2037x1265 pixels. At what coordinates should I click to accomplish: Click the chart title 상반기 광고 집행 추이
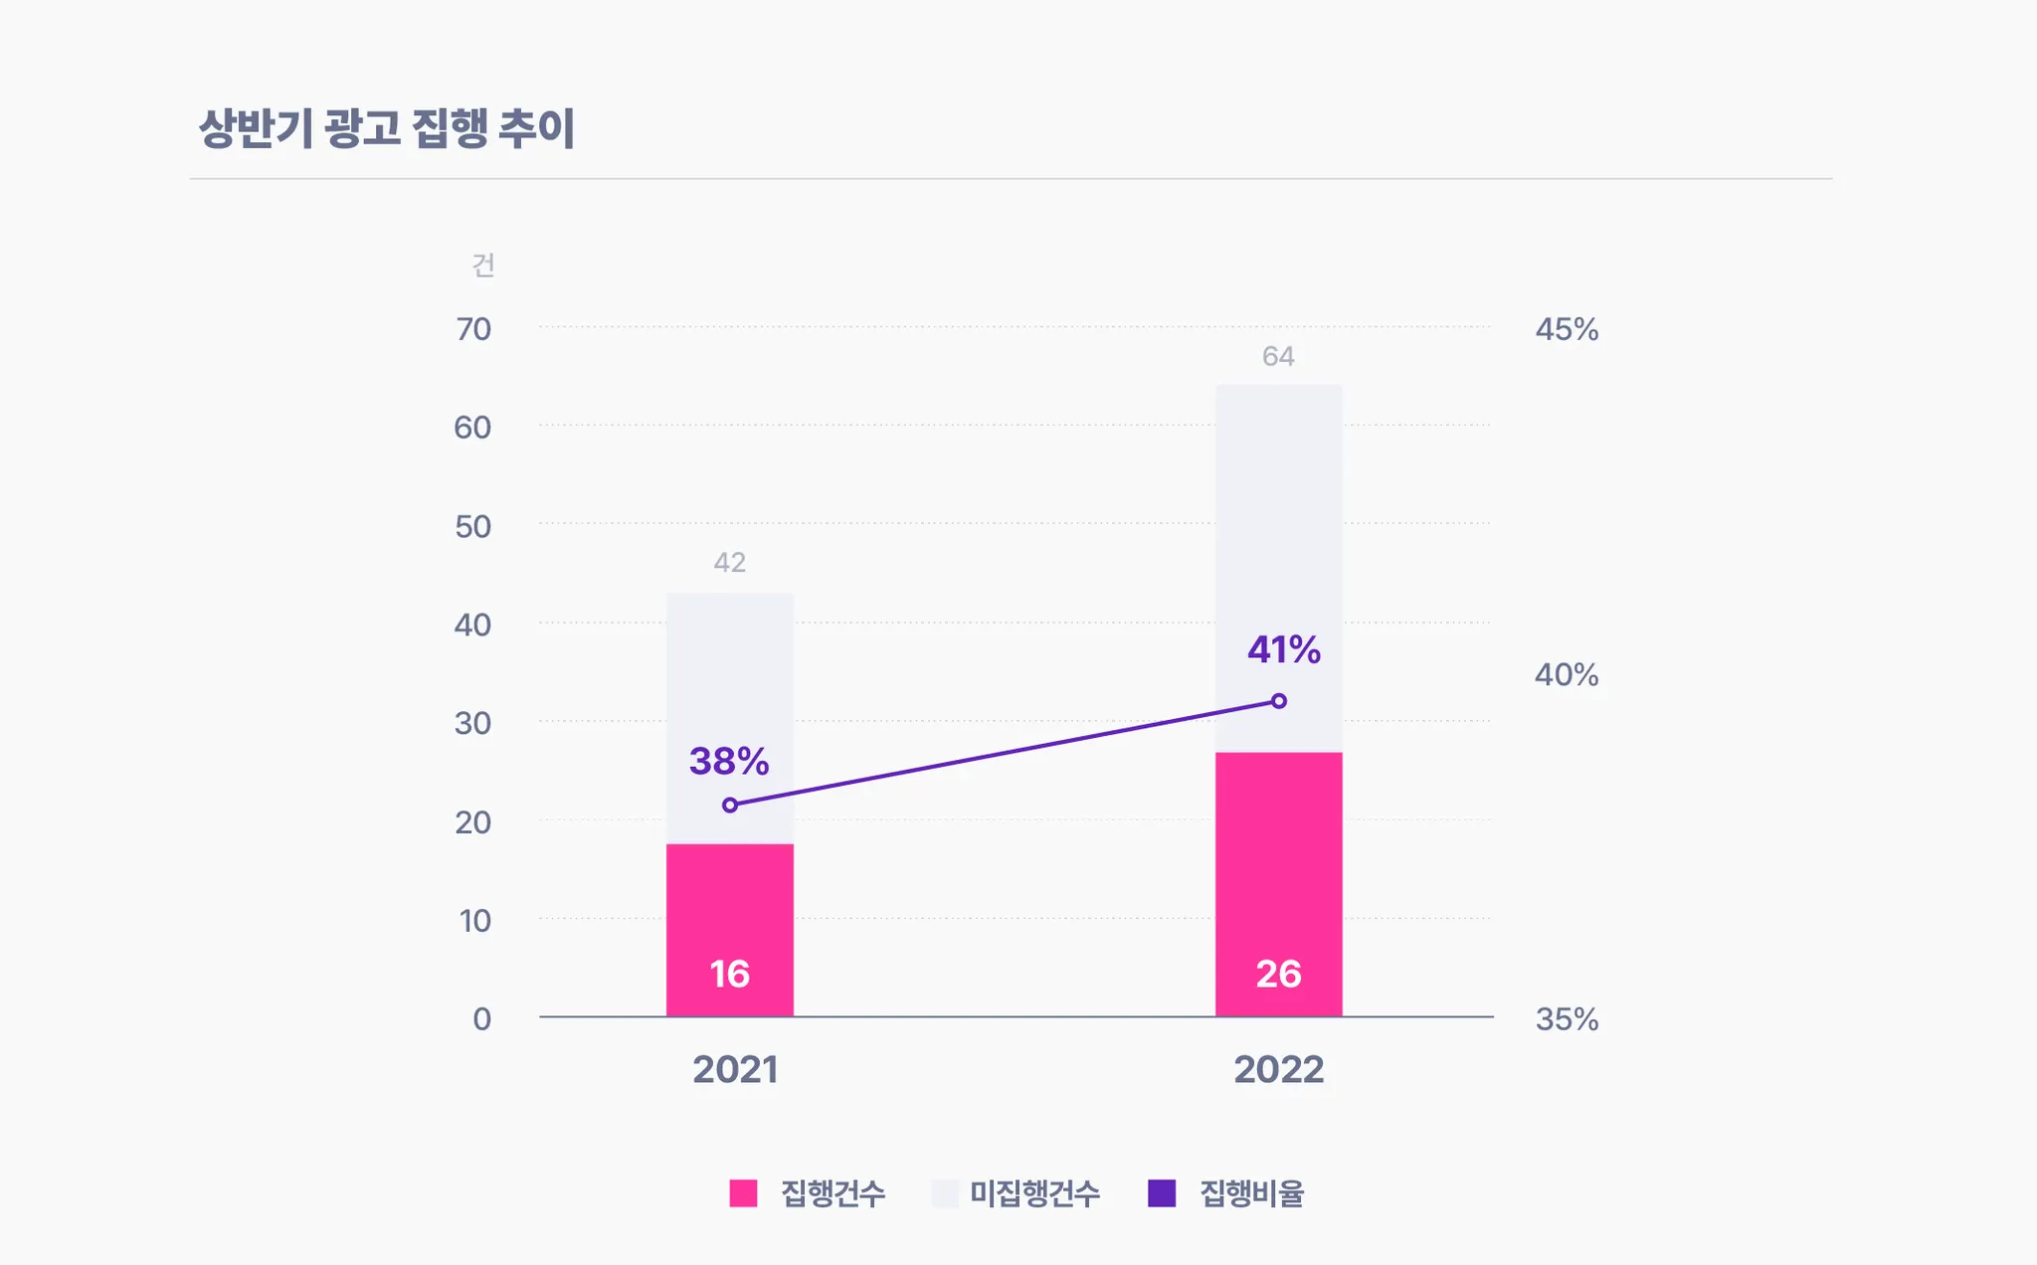[387, 128]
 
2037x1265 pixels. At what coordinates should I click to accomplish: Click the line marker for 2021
[730, 805]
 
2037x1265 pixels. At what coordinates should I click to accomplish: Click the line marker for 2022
[1279, 701]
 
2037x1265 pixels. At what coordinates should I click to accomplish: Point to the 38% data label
[729, 762]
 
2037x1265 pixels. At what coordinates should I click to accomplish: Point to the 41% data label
[1283, 650]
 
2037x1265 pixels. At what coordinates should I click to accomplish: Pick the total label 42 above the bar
[729, 563]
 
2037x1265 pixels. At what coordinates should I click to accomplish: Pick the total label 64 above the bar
[1278, 356]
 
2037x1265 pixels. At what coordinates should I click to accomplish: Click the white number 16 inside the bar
[729, 974]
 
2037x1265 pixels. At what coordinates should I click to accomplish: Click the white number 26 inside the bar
[1278, 974]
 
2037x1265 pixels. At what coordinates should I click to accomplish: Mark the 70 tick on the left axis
[473, 329]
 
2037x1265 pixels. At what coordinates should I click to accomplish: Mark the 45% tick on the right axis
[1567, 329]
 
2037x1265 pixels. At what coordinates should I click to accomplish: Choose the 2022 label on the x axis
[1278, 1070]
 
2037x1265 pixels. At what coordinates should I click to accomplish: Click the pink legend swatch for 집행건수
[743, 1192]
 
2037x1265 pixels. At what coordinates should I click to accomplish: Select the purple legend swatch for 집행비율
[1162, 1192]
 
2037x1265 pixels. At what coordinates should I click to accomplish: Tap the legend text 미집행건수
[1034, 1192]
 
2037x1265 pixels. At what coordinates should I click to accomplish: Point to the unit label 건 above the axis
[483, 266]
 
